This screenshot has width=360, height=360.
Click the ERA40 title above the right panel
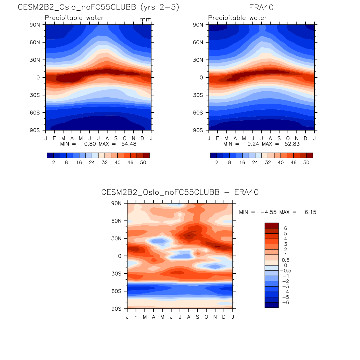tap(261, 7)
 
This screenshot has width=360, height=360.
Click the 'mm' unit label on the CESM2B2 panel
tap(145, 20)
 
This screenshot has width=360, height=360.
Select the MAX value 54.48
tap(129, 144)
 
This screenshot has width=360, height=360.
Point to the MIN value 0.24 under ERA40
tap(253, 144)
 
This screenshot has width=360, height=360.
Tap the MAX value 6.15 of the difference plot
tap(310, 212)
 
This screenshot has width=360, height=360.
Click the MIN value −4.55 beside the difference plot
tap(268, 212)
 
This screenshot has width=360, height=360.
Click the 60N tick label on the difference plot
tap(116, 221)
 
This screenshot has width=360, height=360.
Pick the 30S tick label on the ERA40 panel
tap(198, 95)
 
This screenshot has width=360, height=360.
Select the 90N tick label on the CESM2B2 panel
tap(35, 25)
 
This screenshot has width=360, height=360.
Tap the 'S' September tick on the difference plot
tap(198, 317)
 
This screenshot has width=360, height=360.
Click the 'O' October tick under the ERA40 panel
tap(288, 138)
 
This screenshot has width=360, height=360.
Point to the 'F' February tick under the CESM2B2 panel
tap(54, 138)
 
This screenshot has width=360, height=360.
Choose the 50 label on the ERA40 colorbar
tap(306, 162)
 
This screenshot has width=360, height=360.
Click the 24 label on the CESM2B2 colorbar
tap(92, 162)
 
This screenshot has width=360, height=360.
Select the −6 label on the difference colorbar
tap(285, 303)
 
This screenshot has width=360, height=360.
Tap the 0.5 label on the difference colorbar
tap(286, 260)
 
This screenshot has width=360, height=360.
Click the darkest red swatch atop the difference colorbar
tap(272, 225)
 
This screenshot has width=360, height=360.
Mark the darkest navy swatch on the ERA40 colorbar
tap(213, 155)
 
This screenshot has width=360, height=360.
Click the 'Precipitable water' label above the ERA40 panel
tap(237, 18)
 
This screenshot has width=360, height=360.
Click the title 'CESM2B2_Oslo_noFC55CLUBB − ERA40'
tap(180, 192)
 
